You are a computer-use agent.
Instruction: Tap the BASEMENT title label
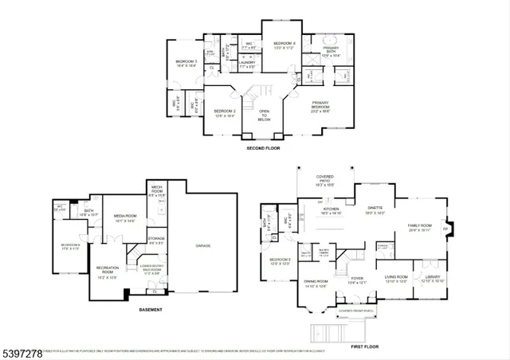coord(151,309)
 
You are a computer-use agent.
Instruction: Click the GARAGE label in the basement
coord(204,246)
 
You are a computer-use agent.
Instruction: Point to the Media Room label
coord(126,217)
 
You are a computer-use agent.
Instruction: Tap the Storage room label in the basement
coord(156,239)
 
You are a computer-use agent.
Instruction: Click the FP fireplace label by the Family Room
coord(445,229)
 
